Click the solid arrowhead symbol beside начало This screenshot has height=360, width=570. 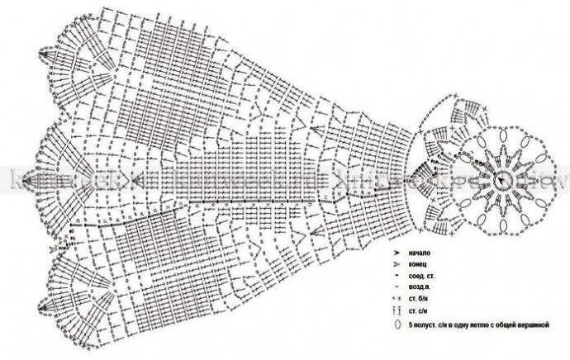(x=397, y=251)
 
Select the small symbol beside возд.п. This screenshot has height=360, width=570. (x=397, y=286)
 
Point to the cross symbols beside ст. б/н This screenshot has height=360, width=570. (x=397, y=298)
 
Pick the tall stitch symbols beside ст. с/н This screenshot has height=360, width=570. (x=397, y=310)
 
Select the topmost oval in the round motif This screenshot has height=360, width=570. (x=501, y=137)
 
